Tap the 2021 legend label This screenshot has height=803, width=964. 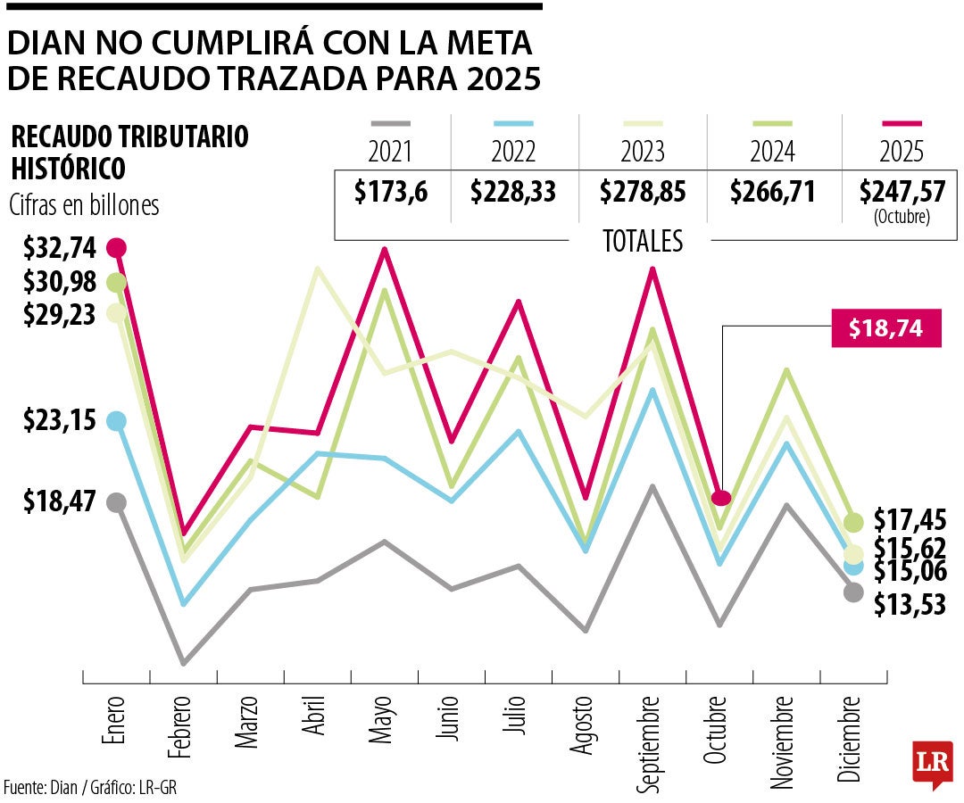click(389, 152)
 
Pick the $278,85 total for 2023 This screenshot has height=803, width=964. click(644, 192)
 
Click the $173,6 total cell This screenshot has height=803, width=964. click(390, 192)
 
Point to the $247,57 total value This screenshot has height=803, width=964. click(902, 192)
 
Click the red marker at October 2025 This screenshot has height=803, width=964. click(721, 498)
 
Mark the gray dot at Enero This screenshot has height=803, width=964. click(117, 502)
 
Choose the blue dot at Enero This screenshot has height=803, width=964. click(117, 421)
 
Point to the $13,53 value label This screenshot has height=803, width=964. click(910, 605)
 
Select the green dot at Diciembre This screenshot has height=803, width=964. click(853, 522)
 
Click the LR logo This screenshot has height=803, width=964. click(932, 763)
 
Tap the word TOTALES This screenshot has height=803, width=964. click(643, 241)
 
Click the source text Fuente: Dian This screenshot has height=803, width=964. click(49, 787)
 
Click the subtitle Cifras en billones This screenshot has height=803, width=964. click(85, 205)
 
